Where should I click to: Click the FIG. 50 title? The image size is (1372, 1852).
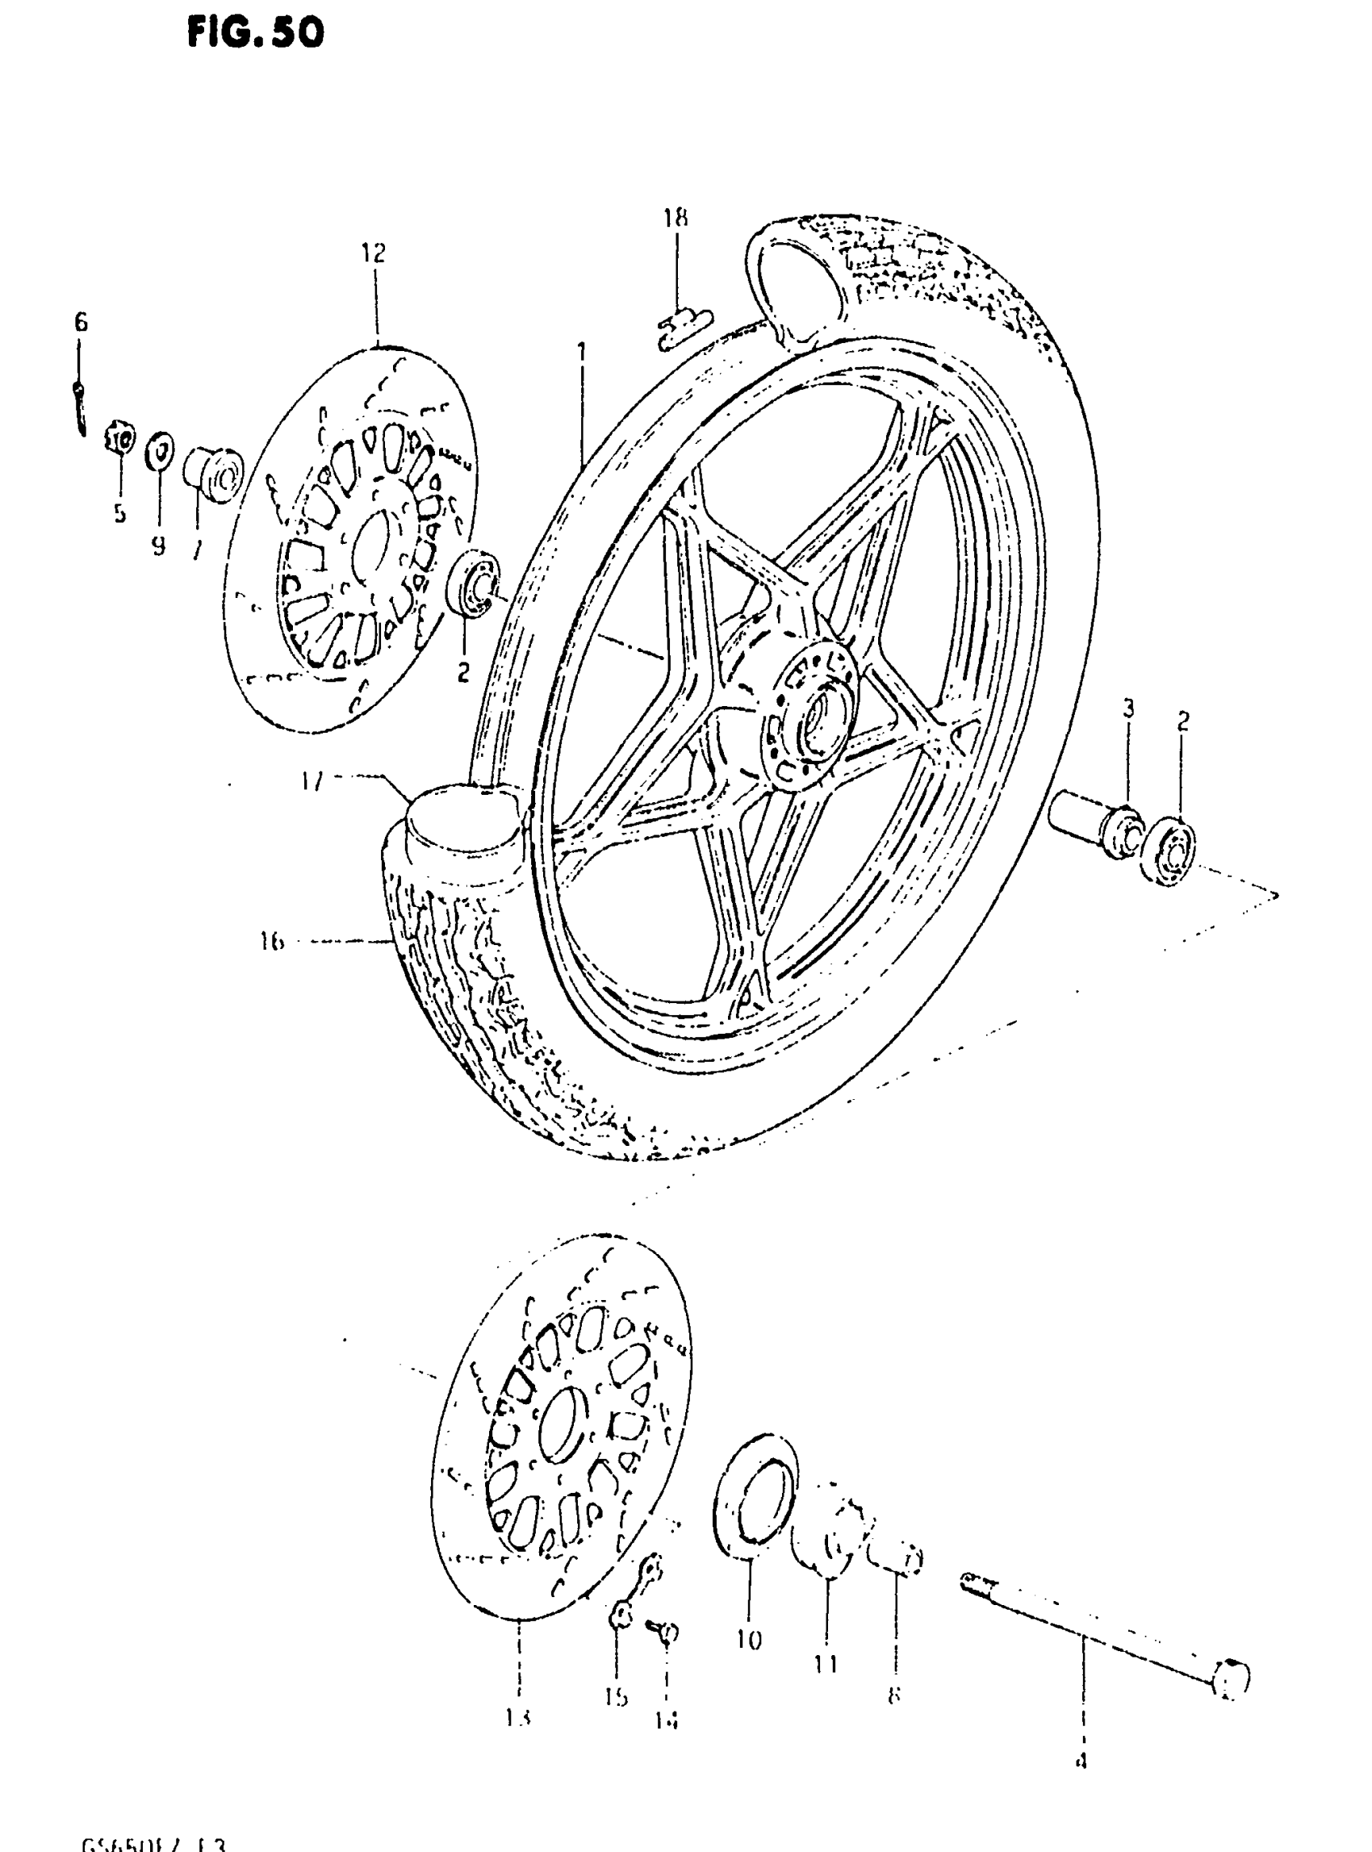point(254,33)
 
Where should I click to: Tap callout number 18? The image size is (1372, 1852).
point(676,219)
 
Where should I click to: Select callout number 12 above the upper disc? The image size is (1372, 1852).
point(374,253)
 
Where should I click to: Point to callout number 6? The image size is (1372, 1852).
point(81,322)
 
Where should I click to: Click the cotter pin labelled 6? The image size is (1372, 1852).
point(79,407)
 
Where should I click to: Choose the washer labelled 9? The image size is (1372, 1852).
point(160,451)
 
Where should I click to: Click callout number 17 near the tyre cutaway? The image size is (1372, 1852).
point(312,780)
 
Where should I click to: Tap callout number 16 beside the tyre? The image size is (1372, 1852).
point(270,942)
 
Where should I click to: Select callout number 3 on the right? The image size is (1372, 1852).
point(1128,709)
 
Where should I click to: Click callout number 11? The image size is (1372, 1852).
point(826,1664)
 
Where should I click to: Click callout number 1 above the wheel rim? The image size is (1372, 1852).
point(581,352)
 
